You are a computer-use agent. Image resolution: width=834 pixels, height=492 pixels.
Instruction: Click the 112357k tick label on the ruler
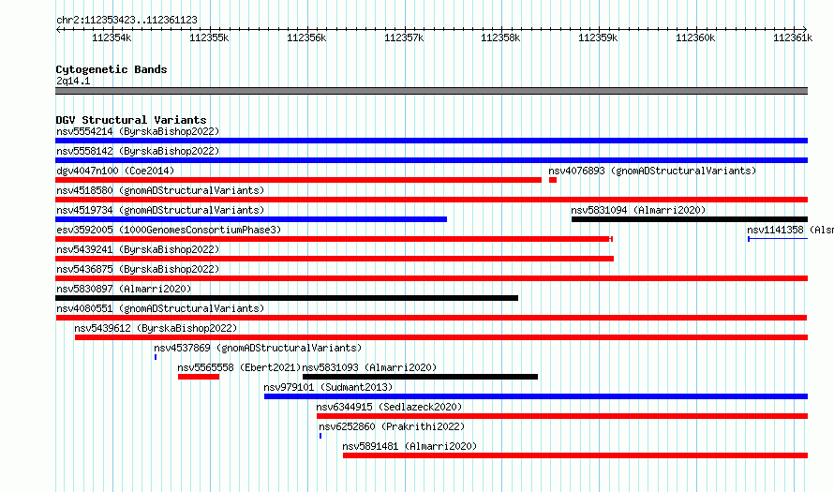click(404, 37)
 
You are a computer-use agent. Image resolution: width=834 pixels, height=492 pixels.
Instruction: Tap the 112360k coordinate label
click(695, 37)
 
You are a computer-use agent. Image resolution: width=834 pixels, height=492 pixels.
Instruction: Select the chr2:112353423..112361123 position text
click(127, 20)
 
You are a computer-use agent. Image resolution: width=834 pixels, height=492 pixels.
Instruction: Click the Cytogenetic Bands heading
click(112, 69)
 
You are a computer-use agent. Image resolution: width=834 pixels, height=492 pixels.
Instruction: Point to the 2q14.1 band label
click(73, 81)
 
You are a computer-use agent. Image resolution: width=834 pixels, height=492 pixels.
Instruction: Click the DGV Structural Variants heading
click(131, 120)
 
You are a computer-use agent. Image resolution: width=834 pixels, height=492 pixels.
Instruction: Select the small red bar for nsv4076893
click(553, 180)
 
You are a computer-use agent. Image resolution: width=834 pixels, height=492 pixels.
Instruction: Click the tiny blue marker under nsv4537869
click(156, 357)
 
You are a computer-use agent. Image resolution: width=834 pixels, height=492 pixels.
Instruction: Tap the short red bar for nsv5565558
click(199, 377)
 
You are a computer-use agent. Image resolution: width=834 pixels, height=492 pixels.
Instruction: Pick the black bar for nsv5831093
click(420, 377)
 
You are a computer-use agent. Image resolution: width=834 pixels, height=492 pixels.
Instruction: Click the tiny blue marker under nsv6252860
click(320, 436)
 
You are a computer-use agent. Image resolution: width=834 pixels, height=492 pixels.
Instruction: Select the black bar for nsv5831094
click(690, 219)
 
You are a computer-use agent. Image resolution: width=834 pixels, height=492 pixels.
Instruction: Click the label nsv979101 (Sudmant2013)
click(328, 387)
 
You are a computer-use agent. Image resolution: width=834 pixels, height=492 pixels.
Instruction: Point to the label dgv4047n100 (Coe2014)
click(115, 171)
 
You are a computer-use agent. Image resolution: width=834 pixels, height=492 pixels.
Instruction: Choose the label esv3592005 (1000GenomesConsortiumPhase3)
click(169, 230)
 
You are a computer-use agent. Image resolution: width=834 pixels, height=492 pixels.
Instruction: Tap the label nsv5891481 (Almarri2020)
click(410, 446)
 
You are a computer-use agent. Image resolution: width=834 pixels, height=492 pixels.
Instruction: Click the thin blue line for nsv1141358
click(778, 239)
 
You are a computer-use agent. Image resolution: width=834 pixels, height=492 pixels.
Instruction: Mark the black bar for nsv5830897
click(287, 298)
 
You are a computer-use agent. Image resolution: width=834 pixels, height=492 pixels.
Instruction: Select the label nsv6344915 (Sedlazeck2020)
click(389, 407)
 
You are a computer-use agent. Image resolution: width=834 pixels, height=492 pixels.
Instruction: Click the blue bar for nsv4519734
click(251, 219)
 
